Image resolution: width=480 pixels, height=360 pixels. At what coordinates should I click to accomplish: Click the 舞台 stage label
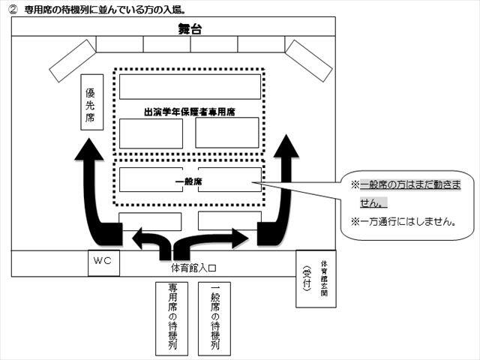(190, 29)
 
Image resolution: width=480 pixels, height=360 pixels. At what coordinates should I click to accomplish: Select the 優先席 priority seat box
(91, 102)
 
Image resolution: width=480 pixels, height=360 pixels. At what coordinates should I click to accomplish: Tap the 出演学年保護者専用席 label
(190, 112)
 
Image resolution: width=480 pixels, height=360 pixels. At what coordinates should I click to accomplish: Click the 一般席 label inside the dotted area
(188, 181)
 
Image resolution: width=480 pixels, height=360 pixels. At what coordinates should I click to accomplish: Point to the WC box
(103, 263)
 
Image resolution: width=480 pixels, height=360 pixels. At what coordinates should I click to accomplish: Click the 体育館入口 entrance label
(193, 268)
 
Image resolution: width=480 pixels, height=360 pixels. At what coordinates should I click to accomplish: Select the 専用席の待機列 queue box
(172, 319)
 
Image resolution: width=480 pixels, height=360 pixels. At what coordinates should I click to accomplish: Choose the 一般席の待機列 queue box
(214, 319)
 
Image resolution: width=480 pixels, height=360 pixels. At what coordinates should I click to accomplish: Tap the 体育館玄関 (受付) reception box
(316, 279)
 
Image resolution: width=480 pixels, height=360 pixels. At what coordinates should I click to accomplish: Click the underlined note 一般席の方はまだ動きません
(406, 193)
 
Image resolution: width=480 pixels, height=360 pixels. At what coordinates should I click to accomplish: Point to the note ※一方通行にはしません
(403, 221)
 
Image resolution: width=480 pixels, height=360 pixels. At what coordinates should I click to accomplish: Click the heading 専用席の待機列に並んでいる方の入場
(105, 10)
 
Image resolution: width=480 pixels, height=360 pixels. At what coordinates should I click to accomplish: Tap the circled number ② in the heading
(13, 10)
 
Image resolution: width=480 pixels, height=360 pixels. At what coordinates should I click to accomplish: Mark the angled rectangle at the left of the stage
(73, 61)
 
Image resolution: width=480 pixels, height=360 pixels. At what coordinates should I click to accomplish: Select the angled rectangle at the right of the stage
(309, 61)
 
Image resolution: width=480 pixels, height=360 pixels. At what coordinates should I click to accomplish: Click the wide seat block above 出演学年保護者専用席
(190, 87)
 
